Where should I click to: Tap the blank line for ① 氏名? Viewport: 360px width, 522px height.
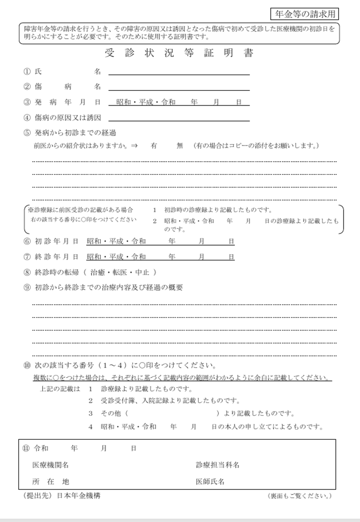pos(179,71)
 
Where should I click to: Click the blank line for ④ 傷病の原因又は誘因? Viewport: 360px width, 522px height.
pos(179,117)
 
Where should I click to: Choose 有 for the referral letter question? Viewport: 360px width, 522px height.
pos(153,146)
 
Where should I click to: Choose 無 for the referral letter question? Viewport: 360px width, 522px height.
pos(180,146)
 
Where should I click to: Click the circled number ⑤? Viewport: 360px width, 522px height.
pos(27,133)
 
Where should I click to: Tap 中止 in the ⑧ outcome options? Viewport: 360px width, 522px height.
pos(142,272)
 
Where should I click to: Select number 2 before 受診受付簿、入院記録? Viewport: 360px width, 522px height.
pos(90,401)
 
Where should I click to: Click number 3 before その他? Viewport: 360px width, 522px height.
pos(90,413)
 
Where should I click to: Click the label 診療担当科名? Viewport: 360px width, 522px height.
pos(217,465)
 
